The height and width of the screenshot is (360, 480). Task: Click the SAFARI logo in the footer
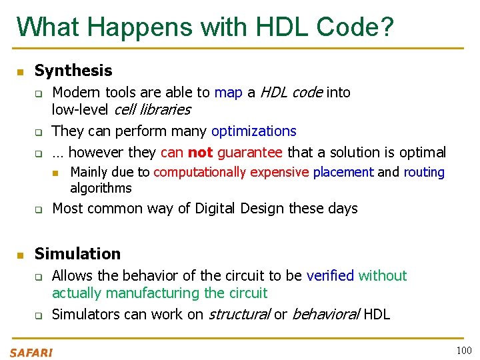tap(31, 353)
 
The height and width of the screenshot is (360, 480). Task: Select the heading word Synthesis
tap(73, 71)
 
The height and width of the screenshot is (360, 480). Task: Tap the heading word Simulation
tap(77, 254)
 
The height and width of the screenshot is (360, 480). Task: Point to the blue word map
tap(228, 93)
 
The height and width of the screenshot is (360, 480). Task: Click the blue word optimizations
tap(253, 131)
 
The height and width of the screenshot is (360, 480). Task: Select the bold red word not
tap(201, 153)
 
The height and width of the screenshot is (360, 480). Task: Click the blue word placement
tap(343, 173)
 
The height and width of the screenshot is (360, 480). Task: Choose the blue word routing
tap(423, 173)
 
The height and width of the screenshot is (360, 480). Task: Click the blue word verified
tap(330, 276)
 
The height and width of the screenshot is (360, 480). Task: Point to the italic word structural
tap(239, 315)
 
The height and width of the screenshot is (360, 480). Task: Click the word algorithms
tap(101, 189)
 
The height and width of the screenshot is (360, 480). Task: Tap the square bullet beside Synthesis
tap(20, 71)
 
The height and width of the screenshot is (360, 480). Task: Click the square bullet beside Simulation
tap(20, 255)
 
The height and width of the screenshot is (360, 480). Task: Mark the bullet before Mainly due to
tap(57, 173)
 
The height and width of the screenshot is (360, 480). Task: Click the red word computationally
tap(198, 173)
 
